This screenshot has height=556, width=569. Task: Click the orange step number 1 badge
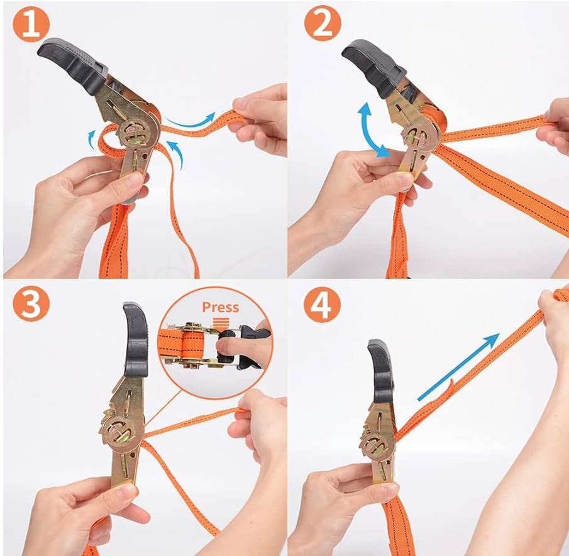(x=31, y=25)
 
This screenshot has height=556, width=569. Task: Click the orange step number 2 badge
(x=323, y=25)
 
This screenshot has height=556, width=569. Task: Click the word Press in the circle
(x=221, y=307)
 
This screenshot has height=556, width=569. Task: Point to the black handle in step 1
(x=72, y=67)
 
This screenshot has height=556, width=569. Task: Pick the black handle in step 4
(x=380, y=367)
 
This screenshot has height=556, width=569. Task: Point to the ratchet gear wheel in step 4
(x=375, y=444)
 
